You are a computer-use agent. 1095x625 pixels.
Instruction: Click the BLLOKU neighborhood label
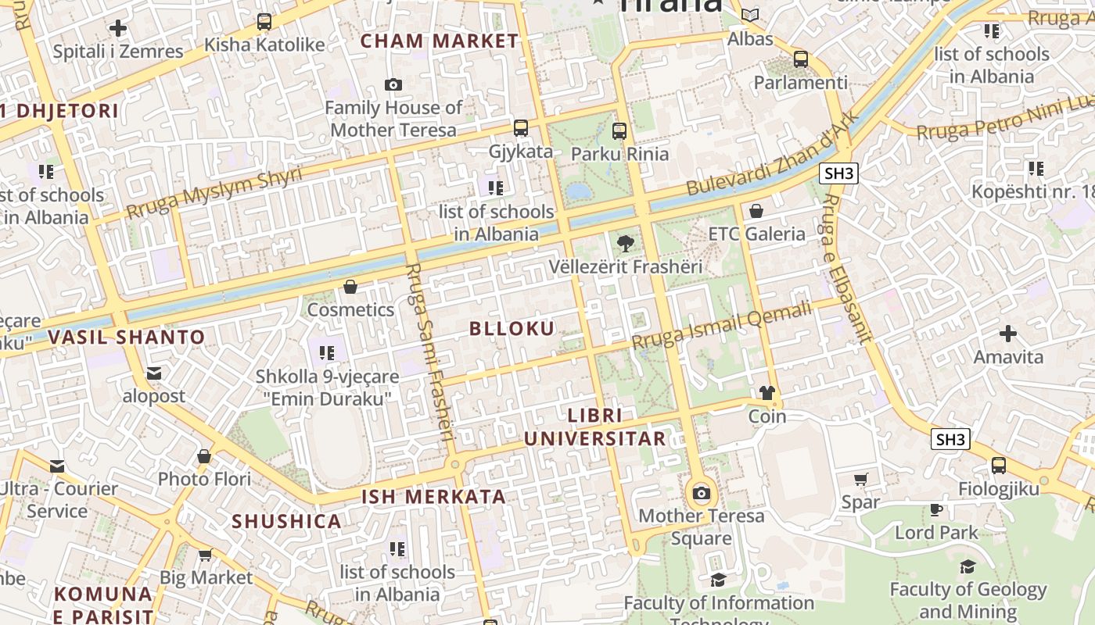tap(512, 329)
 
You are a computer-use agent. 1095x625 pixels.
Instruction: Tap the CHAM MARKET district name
tap(439, 41)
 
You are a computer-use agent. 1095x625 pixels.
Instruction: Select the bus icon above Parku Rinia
tap(619, 130)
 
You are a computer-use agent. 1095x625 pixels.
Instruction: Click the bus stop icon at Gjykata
tap(521, 128)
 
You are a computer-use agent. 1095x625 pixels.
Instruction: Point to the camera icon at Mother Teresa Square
tap(702, 493)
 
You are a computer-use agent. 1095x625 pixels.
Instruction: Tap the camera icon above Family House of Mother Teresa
tap(393, 84)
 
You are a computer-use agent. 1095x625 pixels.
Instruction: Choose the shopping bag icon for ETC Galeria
tap(756, 211)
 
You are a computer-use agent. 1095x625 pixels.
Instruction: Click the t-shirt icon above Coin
tap(766, 393)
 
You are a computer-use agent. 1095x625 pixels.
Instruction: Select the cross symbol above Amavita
tap(1008, 334)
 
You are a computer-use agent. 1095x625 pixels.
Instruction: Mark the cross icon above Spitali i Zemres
tap(118, 29)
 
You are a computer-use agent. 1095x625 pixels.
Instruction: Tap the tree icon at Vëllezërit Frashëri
tap(625, 244)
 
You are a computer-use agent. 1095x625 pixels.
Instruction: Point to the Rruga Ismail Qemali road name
tap(722, 327)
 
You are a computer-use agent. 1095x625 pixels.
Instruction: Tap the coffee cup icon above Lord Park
tap(936, 510)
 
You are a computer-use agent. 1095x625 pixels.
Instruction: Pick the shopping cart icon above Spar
tap(860, 479)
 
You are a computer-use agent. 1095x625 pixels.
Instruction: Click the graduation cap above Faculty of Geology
tap(968, 566)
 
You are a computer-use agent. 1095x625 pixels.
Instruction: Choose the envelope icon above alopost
tap(154, 373)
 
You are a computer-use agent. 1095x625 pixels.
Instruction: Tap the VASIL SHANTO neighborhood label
tap(127, 337)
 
